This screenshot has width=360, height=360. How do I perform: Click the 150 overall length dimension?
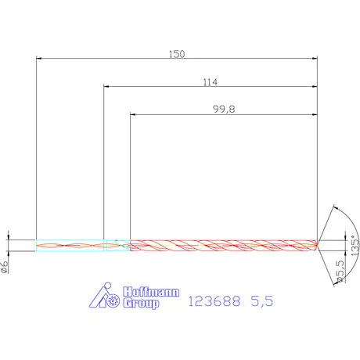[177, 53]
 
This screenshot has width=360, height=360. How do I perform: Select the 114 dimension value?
[209, 81]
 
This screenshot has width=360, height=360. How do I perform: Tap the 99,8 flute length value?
[224, 110]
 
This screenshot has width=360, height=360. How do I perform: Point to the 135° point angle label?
[354, 247]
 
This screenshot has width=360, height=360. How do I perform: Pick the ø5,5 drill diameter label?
[340, 272]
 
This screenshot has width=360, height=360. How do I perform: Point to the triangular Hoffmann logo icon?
[103, 296]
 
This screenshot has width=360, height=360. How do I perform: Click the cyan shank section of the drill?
[70, 245]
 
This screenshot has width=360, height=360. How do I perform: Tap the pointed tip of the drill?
[318, 245]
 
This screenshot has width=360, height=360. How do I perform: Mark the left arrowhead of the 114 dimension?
[107, 86]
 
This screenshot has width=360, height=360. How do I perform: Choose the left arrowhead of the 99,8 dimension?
[133, 114]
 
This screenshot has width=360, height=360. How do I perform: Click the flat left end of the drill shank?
[37, 245]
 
